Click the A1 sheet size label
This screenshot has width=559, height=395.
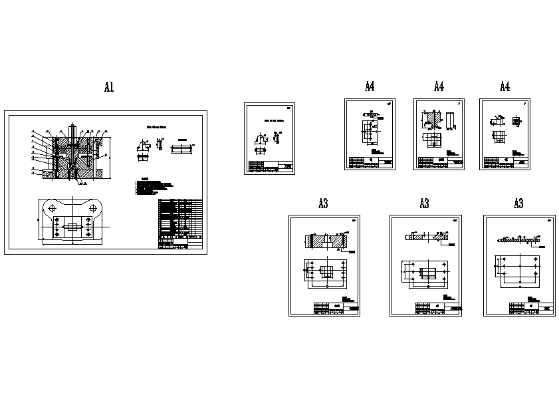point(110,87)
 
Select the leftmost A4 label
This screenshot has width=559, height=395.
point(370,86)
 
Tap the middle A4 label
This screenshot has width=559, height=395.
point(439,86)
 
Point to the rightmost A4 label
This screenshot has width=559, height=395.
point(504,86)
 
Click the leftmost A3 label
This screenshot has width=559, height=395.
point(323,204)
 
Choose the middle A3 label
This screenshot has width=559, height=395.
point(424,204)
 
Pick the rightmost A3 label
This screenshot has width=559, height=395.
point(518,204)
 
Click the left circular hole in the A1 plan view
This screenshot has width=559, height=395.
point(52,208)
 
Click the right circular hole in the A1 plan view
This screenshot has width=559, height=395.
point(92,208)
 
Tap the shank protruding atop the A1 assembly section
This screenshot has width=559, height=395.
point(72,126)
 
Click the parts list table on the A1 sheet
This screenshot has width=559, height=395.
point(180,223)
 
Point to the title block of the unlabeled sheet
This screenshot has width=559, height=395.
point(270,166)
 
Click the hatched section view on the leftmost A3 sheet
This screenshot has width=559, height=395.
point(326,242)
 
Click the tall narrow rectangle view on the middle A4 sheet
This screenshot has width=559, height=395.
point(451,120)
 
